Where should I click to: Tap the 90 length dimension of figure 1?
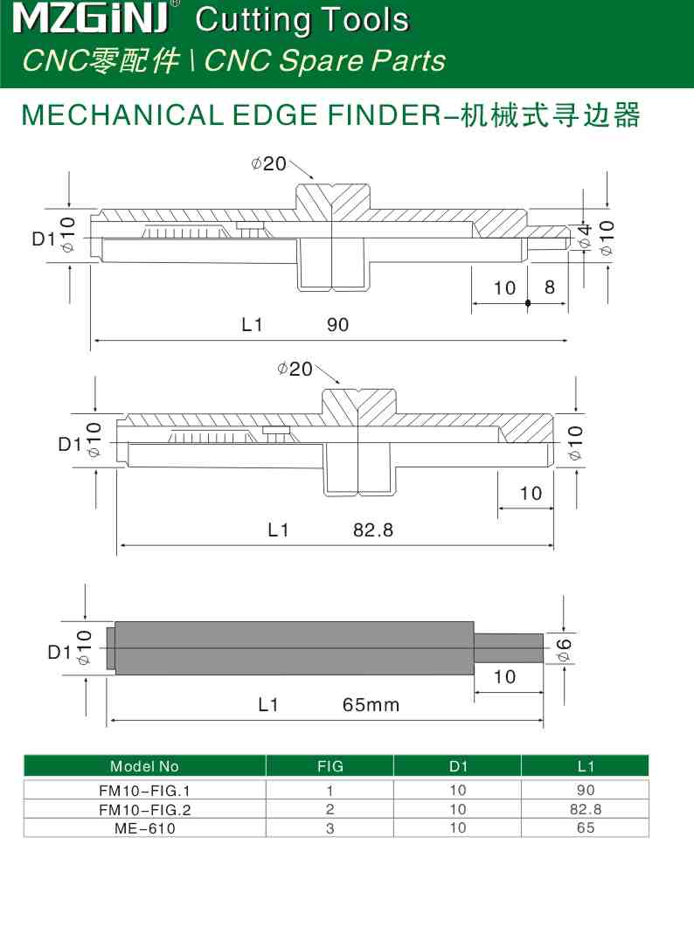click(x=337, y=325)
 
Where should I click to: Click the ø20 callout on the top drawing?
click(x=268, y=163)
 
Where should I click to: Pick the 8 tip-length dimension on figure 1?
click(x=550, y=287)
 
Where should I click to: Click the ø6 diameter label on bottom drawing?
click(x=564, y=648)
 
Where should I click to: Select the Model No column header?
click(x=144, y=767)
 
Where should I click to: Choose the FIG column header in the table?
click(x=330, y=767)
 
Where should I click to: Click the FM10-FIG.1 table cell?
click(x=144, y=791)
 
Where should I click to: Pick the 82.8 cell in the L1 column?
click(x=586, y=809)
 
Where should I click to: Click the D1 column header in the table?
click(x=458, y=767)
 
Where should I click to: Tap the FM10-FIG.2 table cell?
click(x=144, y=809)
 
